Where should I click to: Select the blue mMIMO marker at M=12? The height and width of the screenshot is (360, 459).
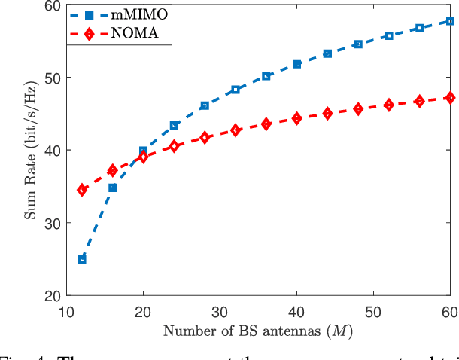coord(82,259)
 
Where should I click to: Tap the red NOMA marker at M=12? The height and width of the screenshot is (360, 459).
coord(82,190)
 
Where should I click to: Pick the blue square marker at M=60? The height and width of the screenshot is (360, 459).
coord(450,21)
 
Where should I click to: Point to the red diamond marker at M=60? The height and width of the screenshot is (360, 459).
coord(450,97)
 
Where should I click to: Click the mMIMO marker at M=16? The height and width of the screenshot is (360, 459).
coord(113,188)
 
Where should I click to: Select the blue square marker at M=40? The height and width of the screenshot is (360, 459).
coord(296,64)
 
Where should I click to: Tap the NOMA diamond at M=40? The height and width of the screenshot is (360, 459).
coord(296,118)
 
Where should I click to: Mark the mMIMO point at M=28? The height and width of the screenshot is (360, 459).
coord(205,105)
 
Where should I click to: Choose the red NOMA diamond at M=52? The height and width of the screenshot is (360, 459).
coord(388,105)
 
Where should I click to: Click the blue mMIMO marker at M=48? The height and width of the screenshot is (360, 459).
coord(358,44)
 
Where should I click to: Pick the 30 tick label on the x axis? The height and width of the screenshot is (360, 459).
coord(220,311)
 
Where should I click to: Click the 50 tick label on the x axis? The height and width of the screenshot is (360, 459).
coord(373,311)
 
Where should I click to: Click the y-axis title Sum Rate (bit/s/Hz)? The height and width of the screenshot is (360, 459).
coord(31,151)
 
